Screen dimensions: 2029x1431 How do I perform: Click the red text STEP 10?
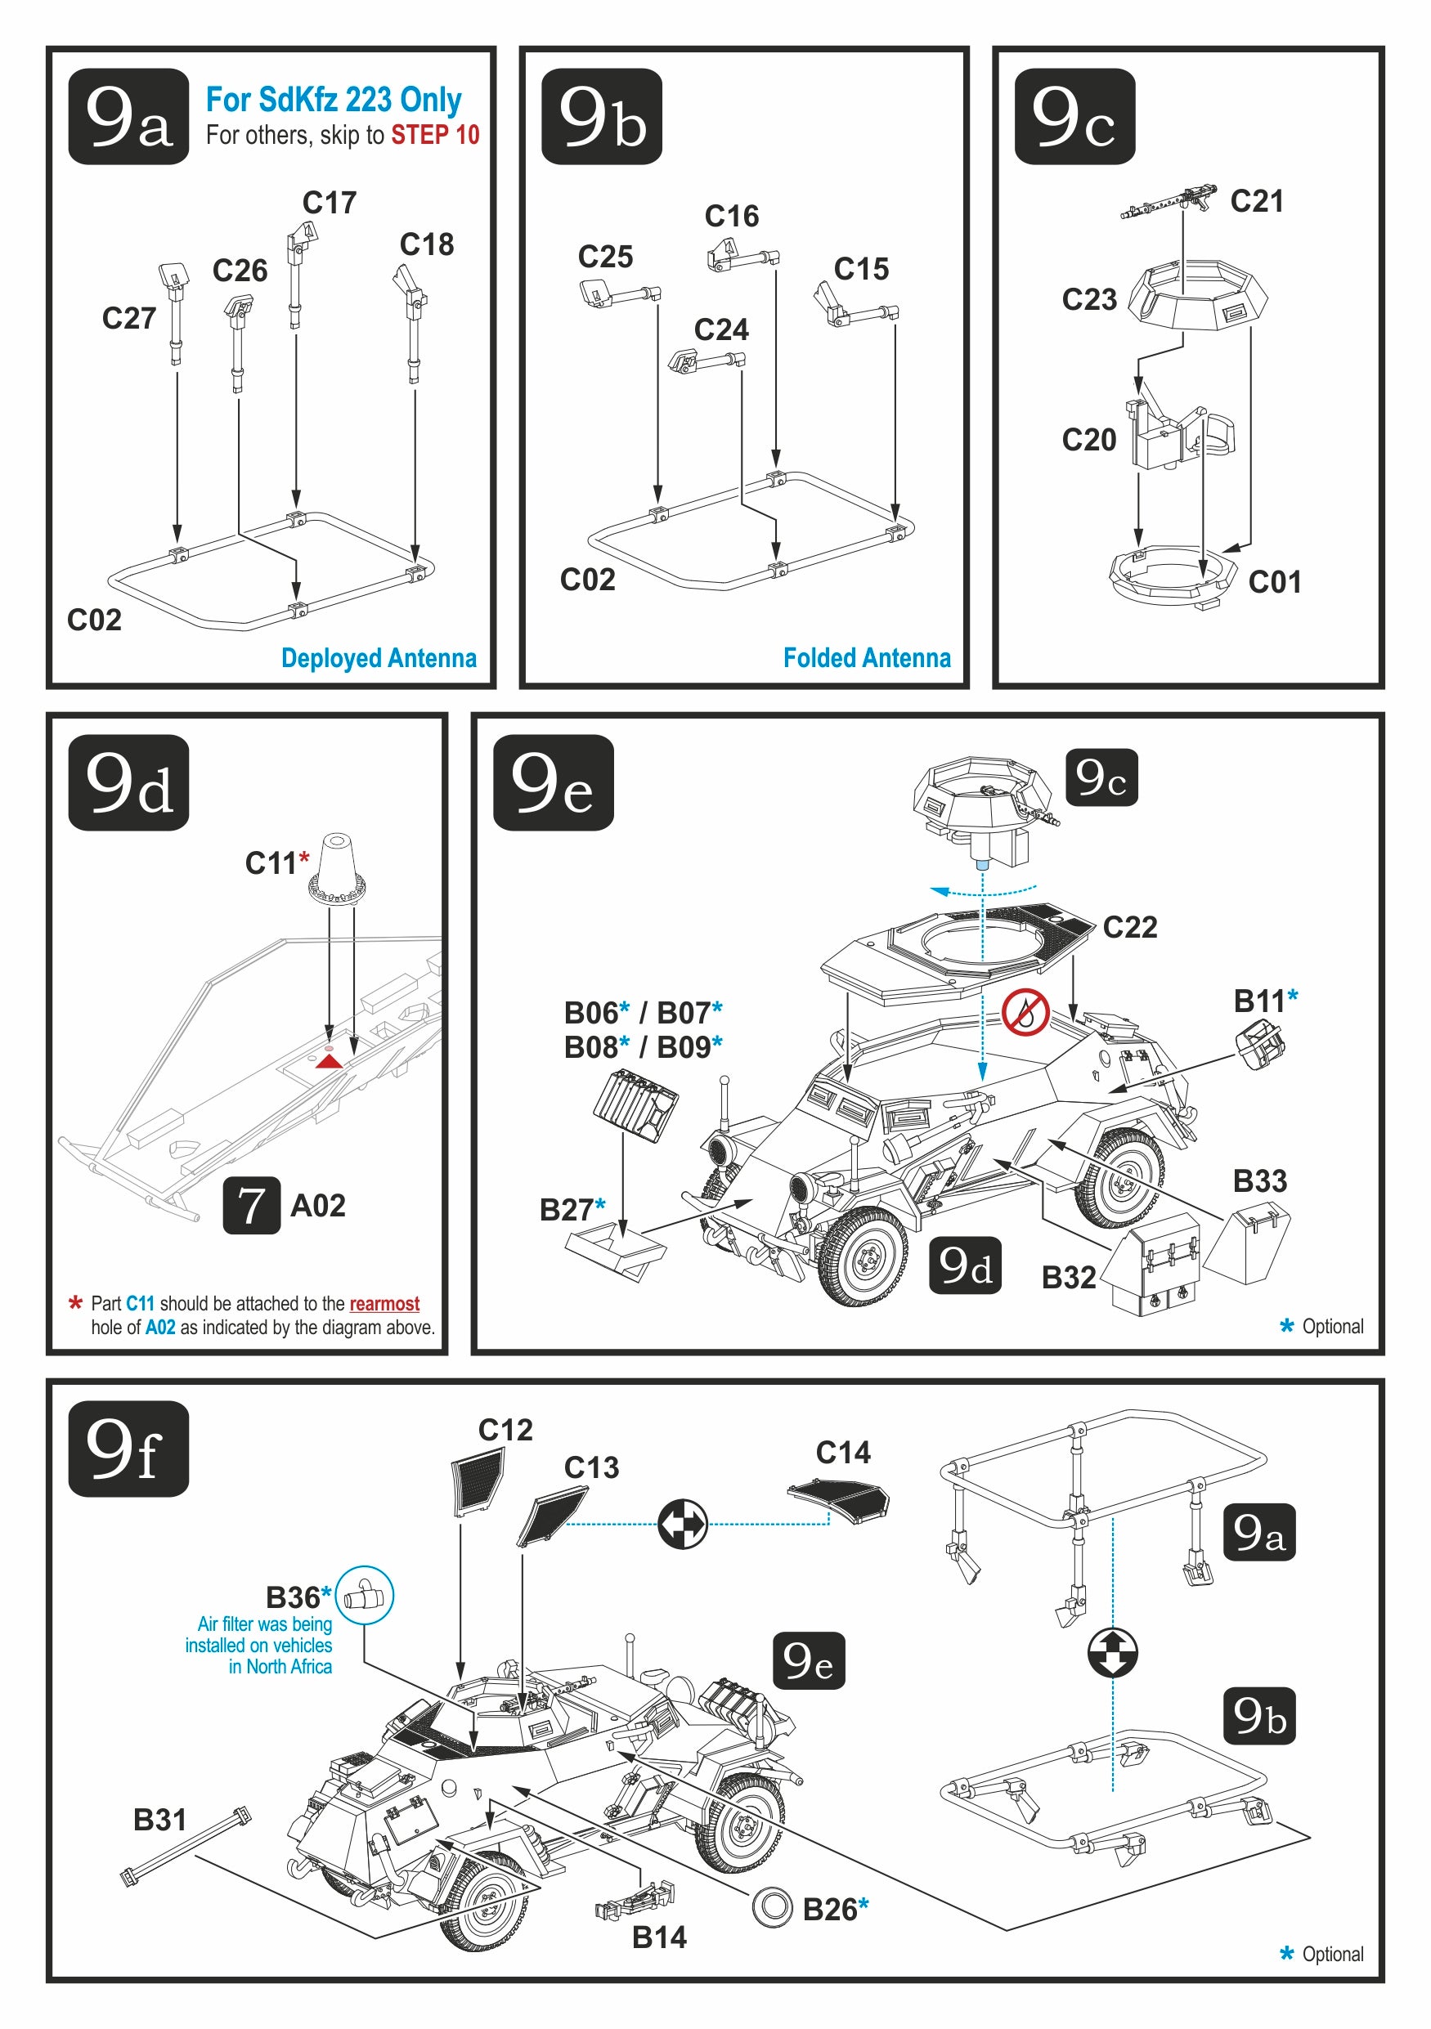coord(435,135)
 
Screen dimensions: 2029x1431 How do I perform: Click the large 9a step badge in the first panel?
coord(128,117)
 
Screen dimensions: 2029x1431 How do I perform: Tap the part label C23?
coord(1089,299)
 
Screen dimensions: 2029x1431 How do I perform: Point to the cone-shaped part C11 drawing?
coord(337,868)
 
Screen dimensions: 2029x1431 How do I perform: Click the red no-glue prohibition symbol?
coord(1025,1012)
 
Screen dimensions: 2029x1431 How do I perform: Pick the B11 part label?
coord(1259,1001)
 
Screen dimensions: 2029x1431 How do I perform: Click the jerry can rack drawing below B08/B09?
coord(635,1104)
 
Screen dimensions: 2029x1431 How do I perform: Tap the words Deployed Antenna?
coord(379,658)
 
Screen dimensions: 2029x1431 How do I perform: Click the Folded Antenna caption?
coord(866,658)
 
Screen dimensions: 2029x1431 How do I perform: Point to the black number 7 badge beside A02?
coord(251,1205)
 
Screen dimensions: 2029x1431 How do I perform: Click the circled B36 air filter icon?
coord(364,1595)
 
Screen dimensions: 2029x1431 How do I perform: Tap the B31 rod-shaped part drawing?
coord(186,1846)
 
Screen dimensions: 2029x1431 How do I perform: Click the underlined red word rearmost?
coord(384,1303)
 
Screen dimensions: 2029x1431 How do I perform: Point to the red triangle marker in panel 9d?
coord(329,1059)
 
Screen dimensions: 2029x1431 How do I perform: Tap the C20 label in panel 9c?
coord(1089,440)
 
